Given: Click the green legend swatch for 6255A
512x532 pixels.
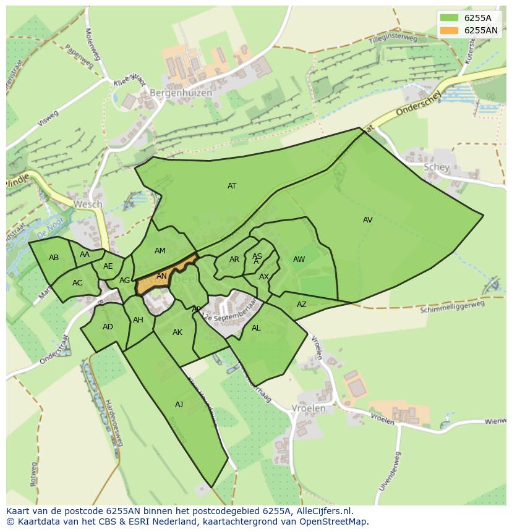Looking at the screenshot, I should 450,18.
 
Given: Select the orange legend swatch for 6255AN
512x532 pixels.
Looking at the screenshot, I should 450,30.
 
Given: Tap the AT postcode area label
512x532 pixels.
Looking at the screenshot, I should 232,185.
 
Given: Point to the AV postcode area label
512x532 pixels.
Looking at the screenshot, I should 368,219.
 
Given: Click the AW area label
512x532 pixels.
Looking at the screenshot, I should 299,260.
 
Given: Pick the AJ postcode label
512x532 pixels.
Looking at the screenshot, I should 179,405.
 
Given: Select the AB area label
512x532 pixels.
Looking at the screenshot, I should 54,257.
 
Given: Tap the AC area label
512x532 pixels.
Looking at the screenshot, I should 77,283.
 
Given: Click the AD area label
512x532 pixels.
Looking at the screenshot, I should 108,327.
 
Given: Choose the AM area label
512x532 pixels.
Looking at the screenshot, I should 160,250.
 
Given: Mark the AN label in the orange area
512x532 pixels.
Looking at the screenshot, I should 161,276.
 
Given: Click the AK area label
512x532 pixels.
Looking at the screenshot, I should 177,332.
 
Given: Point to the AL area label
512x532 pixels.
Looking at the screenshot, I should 256,328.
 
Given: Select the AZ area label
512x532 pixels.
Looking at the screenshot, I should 302,304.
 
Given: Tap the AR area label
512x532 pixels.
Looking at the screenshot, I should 234,260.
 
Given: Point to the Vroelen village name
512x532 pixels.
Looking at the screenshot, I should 308,408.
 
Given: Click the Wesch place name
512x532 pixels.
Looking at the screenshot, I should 87,204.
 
